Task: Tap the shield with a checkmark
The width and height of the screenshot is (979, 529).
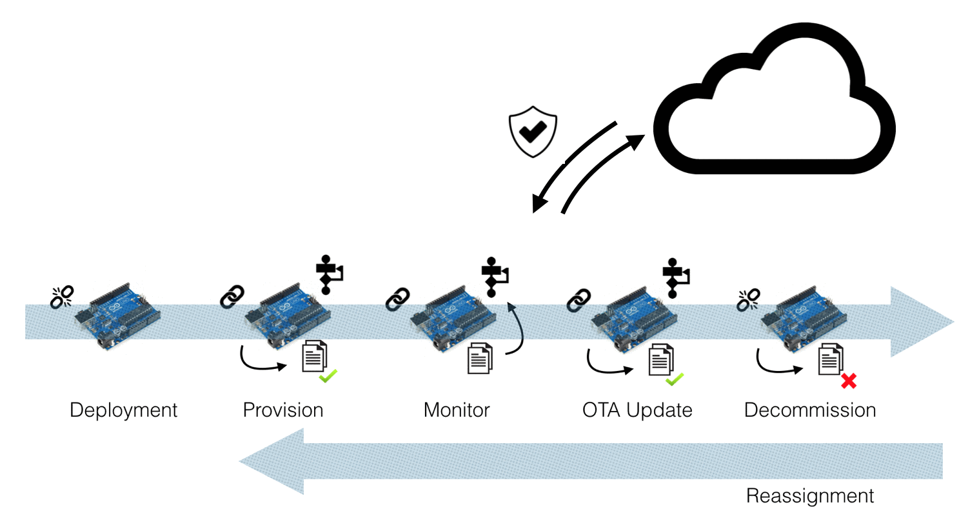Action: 533,132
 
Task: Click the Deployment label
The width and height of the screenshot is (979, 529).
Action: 123,410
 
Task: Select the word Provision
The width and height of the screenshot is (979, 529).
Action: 283,410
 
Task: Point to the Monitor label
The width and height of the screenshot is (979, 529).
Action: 457,410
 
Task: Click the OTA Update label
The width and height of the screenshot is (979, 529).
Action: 637,410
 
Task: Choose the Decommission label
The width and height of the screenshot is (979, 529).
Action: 810,410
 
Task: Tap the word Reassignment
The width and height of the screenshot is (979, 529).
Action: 810,496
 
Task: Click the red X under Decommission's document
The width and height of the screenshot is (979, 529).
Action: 849,381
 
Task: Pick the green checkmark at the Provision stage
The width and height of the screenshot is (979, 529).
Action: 328,376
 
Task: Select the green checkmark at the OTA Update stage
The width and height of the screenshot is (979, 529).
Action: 675,379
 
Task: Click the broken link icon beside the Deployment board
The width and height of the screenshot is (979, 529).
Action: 62,297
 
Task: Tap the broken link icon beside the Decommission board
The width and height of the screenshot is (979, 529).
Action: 748,300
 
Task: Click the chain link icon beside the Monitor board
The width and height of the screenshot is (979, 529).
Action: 398,299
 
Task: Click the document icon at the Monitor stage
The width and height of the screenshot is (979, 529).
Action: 480,359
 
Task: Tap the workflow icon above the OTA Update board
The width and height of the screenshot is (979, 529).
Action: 676,278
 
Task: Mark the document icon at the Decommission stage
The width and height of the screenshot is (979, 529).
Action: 831,359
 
